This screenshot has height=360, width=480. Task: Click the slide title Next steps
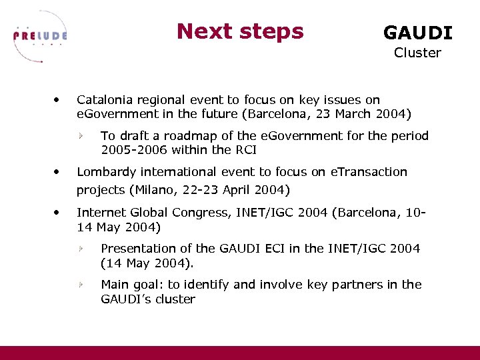tap(240, 31)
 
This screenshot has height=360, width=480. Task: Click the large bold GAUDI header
tap(417, 33)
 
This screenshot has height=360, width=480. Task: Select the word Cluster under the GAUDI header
tap(417, 53)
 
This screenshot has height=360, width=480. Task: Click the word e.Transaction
tap(369, 172)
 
